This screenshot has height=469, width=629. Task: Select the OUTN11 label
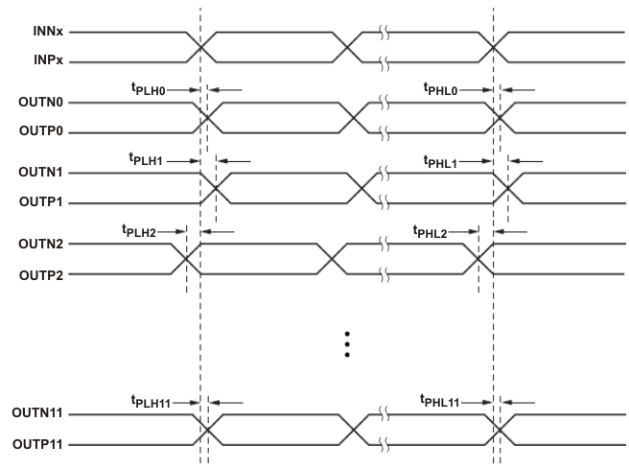pyautogui.click(x=35, y=413)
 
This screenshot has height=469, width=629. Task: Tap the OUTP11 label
pyautogui.click(x=35, y=444)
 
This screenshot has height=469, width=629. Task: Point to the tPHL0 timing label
pyautogui.click(x=441, y=89)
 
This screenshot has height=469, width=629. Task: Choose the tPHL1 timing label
pyautogui.click(x=441, y=160)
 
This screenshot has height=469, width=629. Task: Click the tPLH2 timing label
pyautogui.click(x=138, y=231)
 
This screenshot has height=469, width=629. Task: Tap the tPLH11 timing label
pyautogui.click(x=150, y=401)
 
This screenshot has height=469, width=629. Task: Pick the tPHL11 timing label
pyautogui.click(x=440, y=401)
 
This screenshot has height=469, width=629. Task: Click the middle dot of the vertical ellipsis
pyautogui.click(x=347, y=343)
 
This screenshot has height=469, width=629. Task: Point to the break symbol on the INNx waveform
pyautogui.click(x=384, y=33)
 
